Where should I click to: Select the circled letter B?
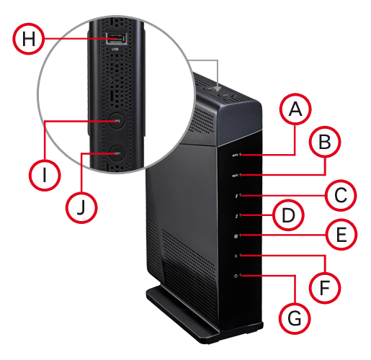(x=326, y=143)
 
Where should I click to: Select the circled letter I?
(x=44, y=174)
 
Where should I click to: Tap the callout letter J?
(x=82, y=207)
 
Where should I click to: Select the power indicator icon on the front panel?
(x=236, y=277)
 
